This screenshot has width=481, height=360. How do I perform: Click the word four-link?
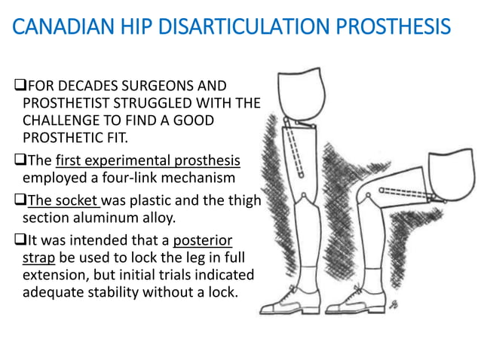click(x=120, y=178)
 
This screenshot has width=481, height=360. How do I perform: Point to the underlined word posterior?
click(x=202, y=240)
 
